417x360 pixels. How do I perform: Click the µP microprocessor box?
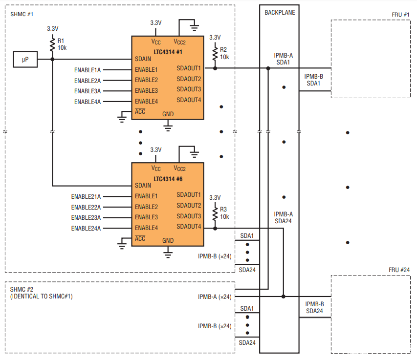click(25, 59)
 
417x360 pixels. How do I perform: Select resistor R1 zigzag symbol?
click(52, 44)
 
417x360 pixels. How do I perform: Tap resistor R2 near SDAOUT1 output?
click(215, 54)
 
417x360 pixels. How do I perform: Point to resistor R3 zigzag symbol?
click(215, 213)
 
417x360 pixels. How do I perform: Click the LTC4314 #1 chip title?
click(168, 52)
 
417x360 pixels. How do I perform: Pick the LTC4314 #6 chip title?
click(168, 179)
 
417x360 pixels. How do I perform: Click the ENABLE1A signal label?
click(88, 70)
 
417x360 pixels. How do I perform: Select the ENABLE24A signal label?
click(86, 229)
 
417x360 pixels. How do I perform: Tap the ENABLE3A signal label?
click(88, 91)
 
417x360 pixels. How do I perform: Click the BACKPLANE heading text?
click(280, 13)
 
